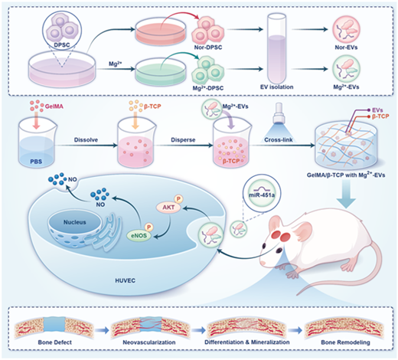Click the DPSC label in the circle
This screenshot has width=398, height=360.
[x=62, y=45]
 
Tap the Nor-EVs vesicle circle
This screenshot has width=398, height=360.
[x=346, y=29]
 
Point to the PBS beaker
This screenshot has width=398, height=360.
[x=37, y=145]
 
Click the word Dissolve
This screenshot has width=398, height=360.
[x=86, y=140]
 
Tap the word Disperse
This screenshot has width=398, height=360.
[x=183, y=140]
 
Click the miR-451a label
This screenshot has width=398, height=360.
[x=262, y=195]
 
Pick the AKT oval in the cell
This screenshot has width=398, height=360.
[x=168, y=207]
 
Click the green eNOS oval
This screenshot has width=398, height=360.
[x=139, y=236]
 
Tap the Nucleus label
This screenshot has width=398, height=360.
[x=75, y=222]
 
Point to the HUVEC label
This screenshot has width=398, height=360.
[x=125, y=280]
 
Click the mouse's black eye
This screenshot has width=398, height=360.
[x=279, y=250]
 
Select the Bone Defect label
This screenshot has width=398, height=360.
[x=55, y=342]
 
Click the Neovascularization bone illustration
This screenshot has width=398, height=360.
[x=150, y=326]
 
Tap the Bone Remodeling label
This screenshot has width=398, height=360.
[x=345, y=342]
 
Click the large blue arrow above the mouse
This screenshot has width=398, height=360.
[x=347, y=194]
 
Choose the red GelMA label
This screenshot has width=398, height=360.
[x=54, y=106]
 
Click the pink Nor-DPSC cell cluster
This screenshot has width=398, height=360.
[x=207, y=30]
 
